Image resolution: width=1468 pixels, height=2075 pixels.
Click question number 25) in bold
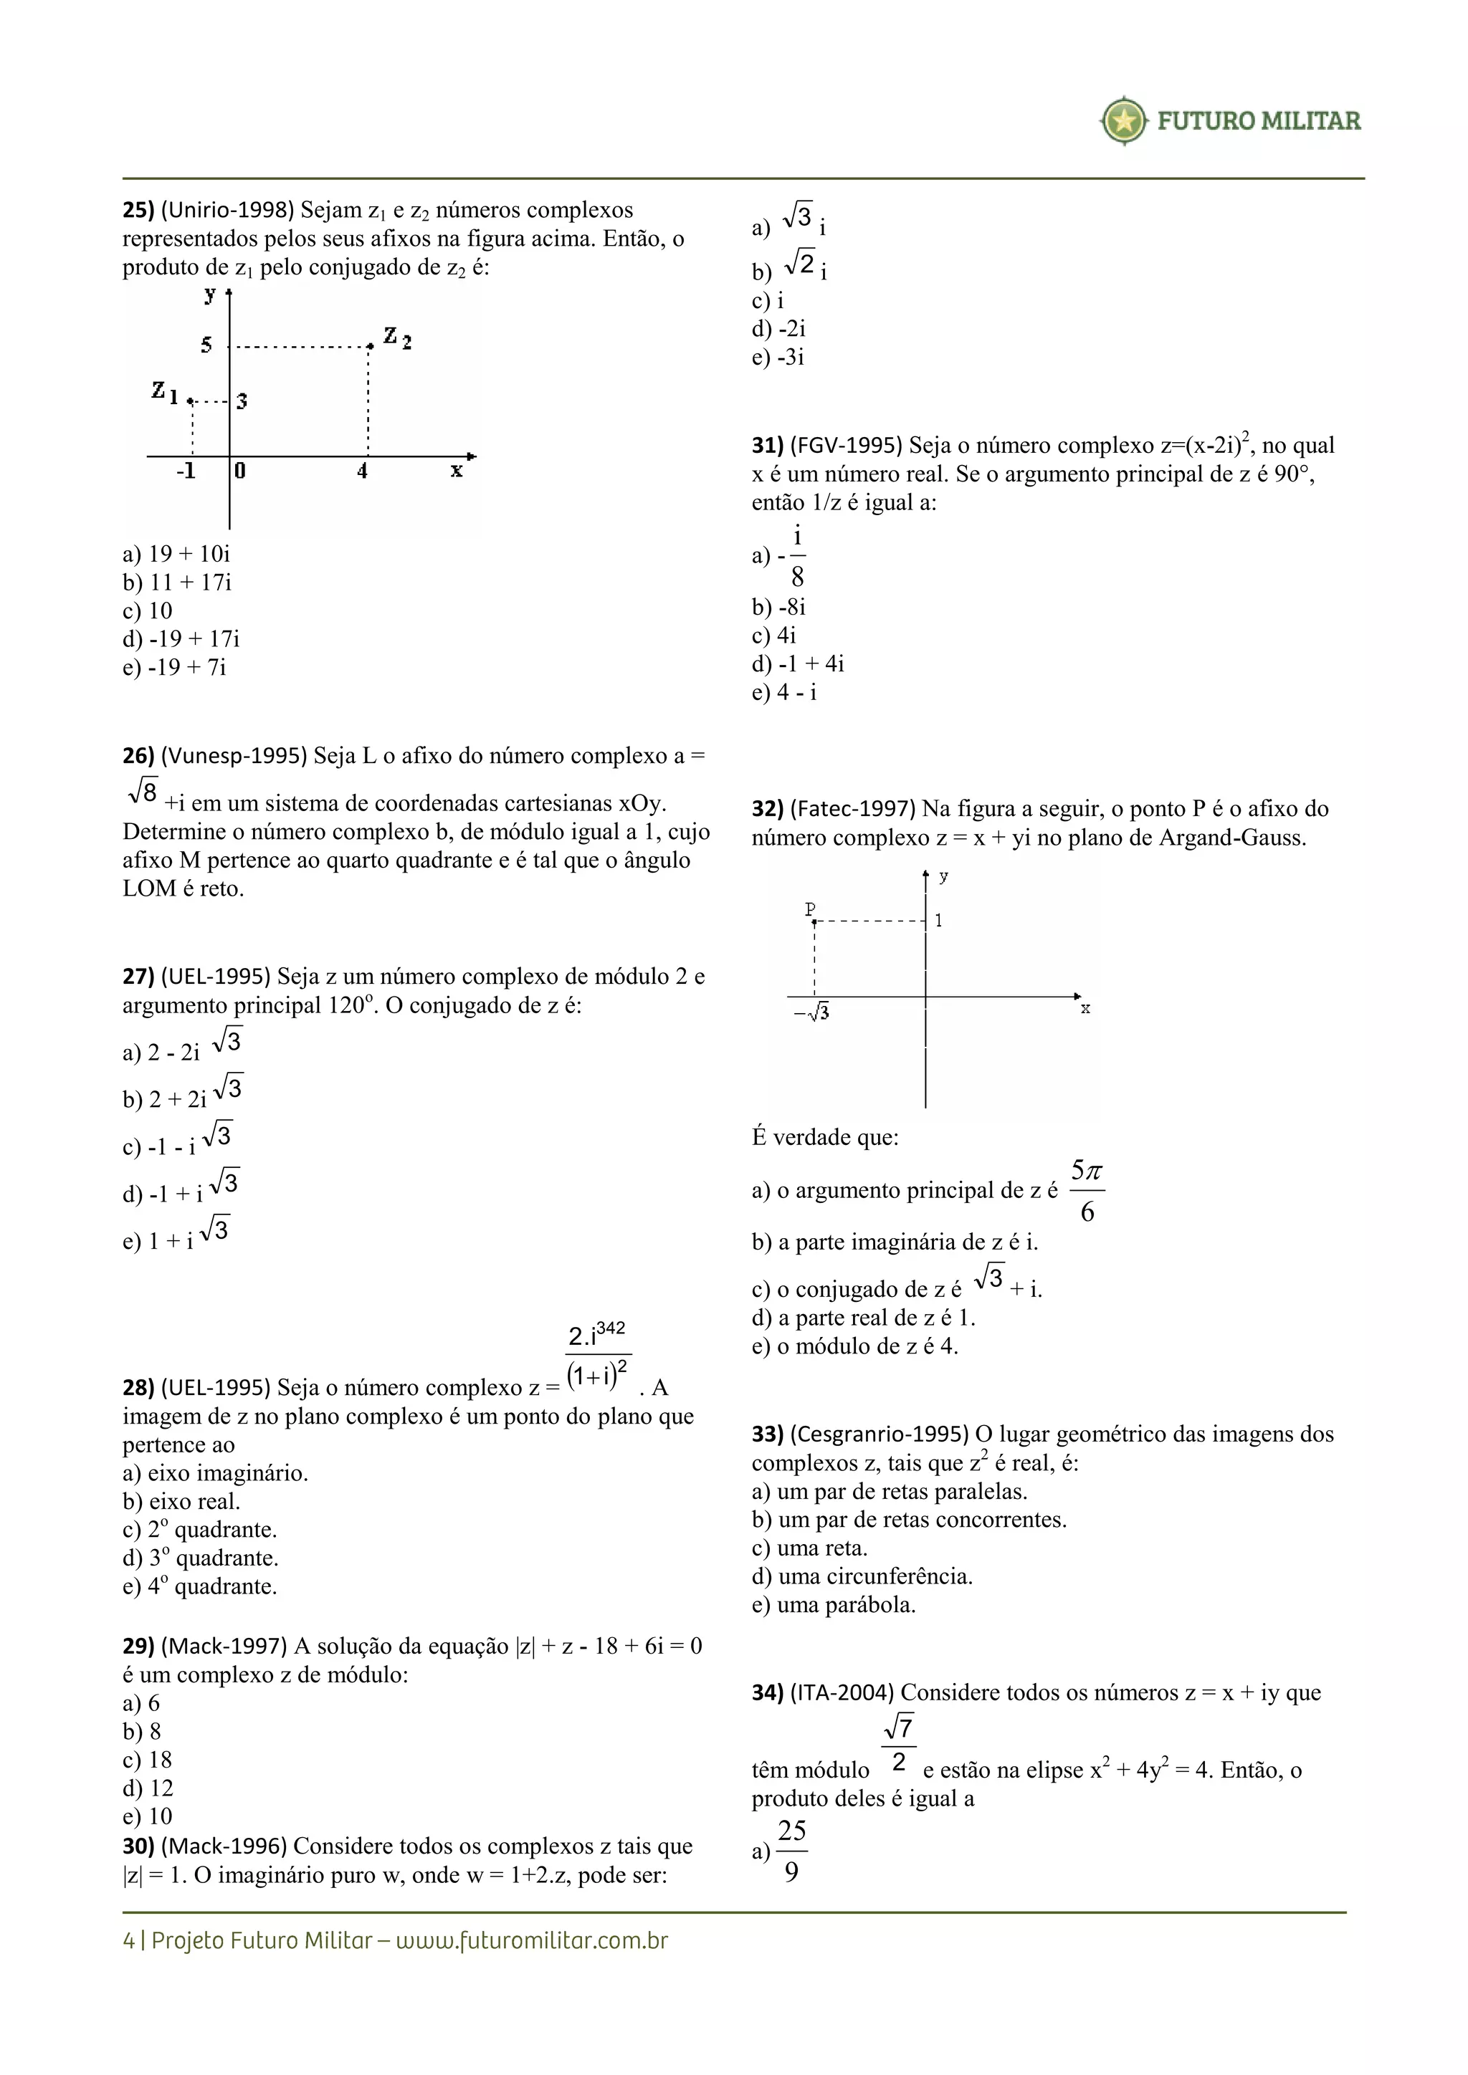click(x=138, y=210)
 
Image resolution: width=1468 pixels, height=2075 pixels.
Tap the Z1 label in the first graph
click(x=165, y=392)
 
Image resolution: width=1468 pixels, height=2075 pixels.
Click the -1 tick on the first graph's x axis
click(x=186, y=471)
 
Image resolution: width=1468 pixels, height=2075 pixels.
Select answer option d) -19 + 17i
click(x=181, y=639)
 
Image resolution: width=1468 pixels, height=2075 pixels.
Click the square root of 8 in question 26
click(x=143, y=792)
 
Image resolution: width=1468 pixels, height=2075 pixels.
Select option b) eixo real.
click(x=181, y=1501)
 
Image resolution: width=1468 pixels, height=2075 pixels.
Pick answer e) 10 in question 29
click(x=148, y=1816)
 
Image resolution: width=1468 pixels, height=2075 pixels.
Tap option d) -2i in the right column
click(x=778, y=328)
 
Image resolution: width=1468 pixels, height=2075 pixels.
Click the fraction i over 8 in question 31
click(x=796, y=557)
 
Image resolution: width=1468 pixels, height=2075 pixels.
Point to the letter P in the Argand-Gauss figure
click(x=811, y=909)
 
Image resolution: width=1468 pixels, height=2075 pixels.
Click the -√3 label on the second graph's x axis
click(x=811, y=1013)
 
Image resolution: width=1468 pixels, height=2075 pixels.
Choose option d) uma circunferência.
click(x=862, y=1576)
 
